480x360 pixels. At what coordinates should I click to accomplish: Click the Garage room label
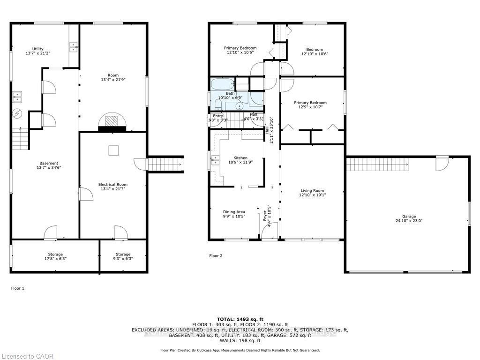(x=409, y=219)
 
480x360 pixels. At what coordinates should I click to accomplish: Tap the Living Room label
(x=312, y=193)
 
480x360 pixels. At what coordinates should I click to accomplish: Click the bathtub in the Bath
(x=221, y=85)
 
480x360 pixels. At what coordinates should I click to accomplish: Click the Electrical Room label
(x=112, y=187)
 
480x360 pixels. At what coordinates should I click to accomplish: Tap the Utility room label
(x=38, y=51)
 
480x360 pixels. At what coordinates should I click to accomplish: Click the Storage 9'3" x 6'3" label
(x=123, y=256)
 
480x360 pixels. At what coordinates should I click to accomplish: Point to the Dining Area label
(x=234, y=214)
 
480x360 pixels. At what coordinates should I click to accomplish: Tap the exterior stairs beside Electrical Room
(x=165, y=165)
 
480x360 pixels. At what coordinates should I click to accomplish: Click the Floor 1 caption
(x=17, y=288)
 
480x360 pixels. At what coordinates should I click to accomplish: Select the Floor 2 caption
(x=216, y=256)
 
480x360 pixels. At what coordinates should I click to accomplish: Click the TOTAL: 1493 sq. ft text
(x=240, y=319)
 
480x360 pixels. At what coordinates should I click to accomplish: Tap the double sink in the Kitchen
(x=215, y=160)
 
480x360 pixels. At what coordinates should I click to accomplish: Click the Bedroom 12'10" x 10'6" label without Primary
(x=315, y=52)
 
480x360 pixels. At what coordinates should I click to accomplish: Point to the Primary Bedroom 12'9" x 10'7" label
(x=310, y=105)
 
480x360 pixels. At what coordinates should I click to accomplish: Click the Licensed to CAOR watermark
(x=27, y=356)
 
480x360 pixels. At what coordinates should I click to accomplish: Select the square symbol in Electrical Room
(x=113, y=150)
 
